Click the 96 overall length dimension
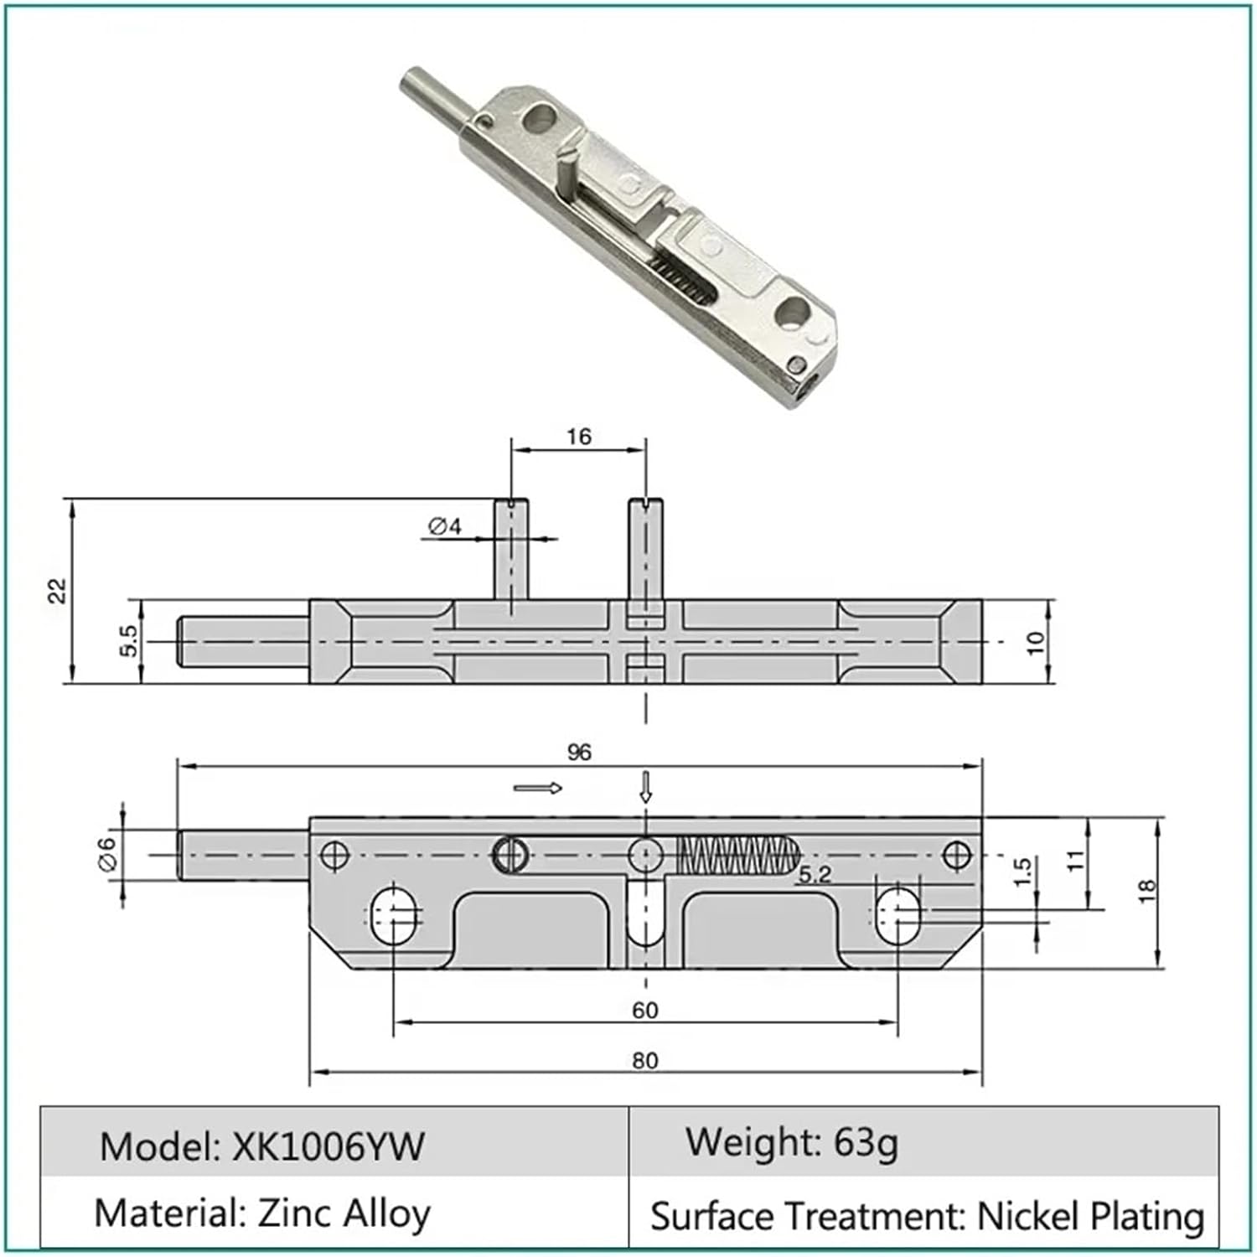579,752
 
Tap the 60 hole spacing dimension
644,1010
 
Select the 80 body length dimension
644,1060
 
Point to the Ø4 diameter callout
445,526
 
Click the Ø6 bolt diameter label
108,855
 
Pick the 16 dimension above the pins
578,437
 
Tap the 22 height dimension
57,591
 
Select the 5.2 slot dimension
814,875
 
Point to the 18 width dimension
1146,891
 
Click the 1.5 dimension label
1021,872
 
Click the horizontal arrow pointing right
538,788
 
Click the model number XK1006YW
328,1146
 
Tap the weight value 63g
866,1141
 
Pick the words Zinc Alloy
344,1213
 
